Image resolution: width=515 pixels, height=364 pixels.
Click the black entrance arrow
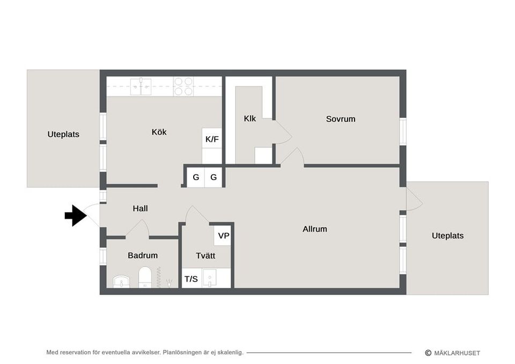pos(76,216)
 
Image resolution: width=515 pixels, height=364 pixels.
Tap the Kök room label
pos(159,132)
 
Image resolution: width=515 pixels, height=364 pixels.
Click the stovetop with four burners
pos(183,86)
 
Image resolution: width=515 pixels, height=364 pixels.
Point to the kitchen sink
pos(141,87)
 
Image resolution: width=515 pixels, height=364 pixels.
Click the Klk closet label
pos(249,118)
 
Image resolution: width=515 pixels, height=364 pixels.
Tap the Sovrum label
pos(341,119)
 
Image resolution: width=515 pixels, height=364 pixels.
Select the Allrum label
pos(315,229)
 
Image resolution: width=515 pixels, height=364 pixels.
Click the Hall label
pos(140,209)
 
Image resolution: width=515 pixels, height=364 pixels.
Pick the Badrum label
pos(143,255)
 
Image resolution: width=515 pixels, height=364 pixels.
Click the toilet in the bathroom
pos(145,277)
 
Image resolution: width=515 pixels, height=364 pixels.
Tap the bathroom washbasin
pos(121,281)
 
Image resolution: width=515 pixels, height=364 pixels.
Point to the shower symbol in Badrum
pos(169,283)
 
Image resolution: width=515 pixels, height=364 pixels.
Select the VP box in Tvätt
pos(223,236)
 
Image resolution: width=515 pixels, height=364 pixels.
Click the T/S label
pos(191,279)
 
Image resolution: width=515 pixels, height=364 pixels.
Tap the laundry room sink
pos(209,278)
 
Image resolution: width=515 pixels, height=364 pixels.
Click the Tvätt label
pos(205,256)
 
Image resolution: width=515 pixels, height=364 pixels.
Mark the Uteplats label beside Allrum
pos(447,236)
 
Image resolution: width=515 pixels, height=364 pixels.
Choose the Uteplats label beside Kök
pos(63,134)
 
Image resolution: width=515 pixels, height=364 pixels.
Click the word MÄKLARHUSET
pos(457,353)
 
